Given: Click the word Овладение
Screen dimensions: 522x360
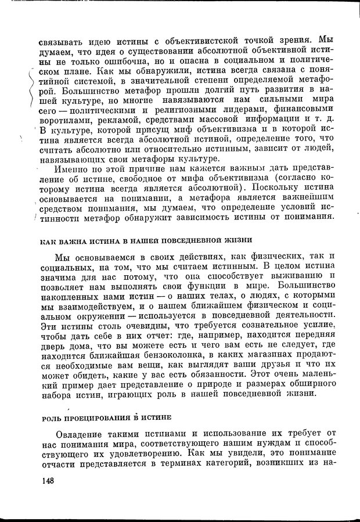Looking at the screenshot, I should (x=80, y=435).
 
